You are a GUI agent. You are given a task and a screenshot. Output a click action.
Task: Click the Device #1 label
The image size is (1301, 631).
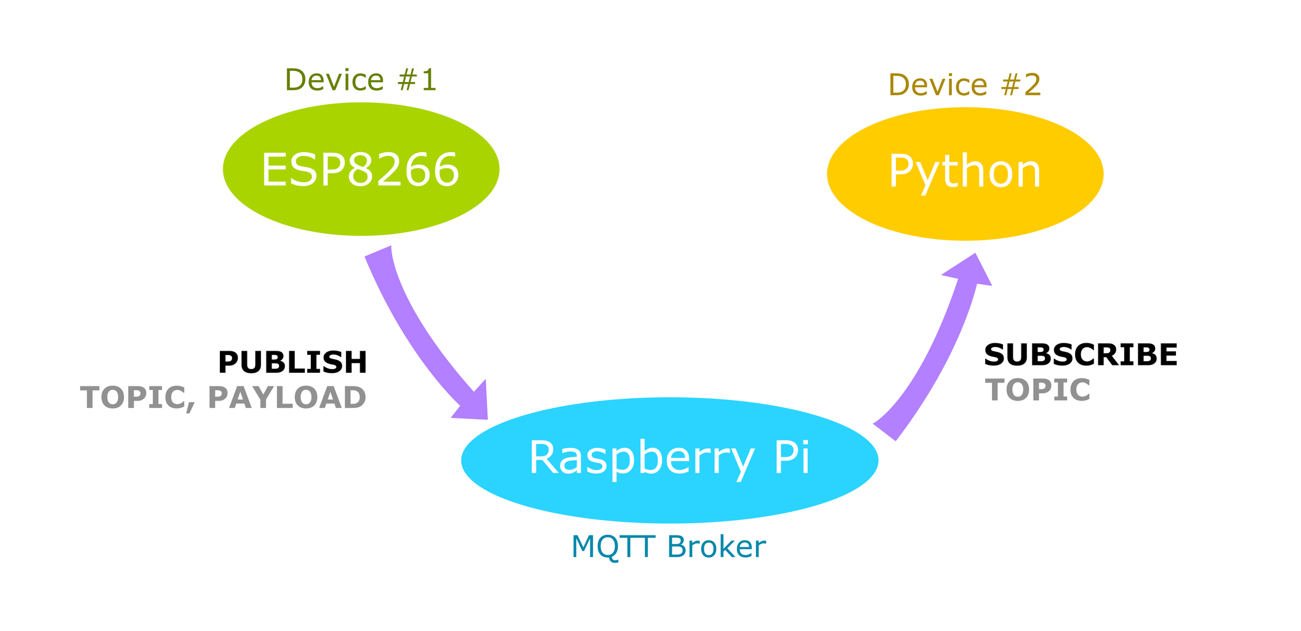[x=361, y=80]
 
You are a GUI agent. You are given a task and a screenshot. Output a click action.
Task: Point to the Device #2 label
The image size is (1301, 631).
[x=965, y=85]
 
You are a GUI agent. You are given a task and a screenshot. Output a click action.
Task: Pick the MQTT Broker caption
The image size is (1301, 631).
[x=669, y=547]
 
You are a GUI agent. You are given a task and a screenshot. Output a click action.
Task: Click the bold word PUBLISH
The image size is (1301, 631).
[x=292, y=362]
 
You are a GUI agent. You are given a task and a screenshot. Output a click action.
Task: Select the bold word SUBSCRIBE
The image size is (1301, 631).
[x=1081, y=355]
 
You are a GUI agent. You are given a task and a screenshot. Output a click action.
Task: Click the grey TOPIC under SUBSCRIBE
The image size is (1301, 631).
[x=1037, y=390]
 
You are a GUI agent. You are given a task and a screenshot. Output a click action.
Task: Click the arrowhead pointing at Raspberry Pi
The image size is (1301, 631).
[x=473, y=404]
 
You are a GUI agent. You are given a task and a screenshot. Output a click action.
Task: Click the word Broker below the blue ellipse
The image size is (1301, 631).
[x=716, y=547]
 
